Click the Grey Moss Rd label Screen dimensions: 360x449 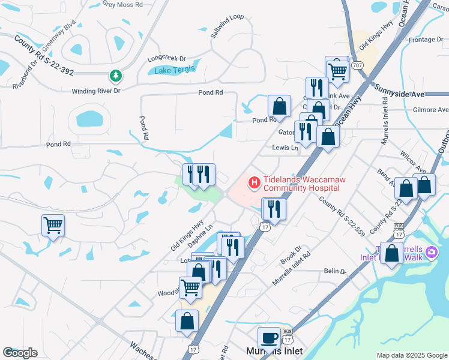(x=122, y=4)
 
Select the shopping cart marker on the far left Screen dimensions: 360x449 (x=53, y=226)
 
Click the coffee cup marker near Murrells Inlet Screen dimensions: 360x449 (x=269, y=337)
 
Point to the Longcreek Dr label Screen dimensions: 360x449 (x=167, y=59)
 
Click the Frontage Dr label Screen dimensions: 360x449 (x=425, y=40)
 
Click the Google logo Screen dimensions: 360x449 (x=20, y=353)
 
